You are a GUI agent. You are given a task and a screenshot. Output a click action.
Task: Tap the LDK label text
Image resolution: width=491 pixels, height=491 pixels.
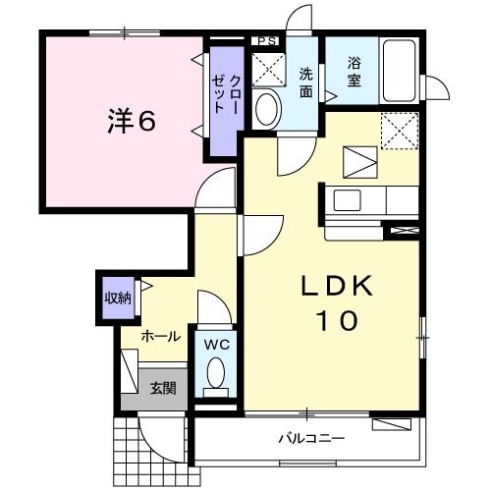(x=336, y=287)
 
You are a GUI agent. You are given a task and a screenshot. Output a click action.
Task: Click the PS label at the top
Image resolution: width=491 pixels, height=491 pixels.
(x=265, y=40)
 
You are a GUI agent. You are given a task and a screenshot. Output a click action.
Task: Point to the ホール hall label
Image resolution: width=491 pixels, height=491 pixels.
(x=160, y=336)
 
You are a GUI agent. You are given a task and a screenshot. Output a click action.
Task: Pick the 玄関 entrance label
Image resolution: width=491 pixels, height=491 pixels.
(x=162, y=387)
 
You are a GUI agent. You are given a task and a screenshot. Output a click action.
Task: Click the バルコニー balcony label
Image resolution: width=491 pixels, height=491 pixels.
(x=308, y=437)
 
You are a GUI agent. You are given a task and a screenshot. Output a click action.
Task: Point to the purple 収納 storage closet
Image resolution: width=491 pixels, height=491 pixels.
(x=117, y=298)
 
